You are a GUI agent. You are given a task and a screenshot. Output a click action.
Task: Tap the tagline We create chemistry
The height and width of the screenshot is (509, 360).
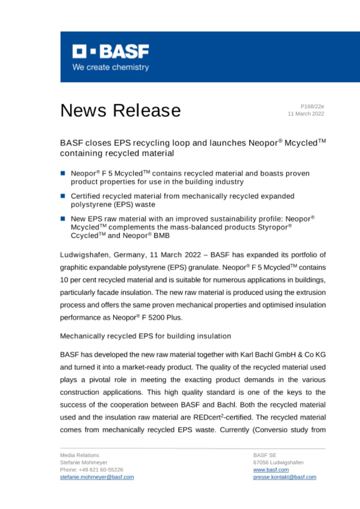point(110,67)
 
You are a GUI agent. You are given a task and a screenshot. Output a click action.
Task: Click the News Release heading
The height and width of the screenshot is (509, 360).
point(120,110)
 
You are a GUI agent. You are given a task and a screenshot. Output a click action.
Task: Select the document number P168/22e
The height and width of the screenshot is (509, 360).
point(313,107)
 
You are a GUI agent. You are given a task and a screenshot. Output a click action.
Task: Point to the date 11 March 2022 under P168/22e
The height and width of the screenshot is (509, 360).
point(306,114)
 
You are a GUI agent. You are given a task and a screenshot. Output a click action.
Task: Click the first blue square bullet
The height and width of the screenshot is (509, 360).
point(63,173)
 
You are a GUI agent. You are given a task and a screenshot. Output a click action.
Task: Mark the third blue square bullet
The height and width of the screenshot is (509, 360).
point(63,219)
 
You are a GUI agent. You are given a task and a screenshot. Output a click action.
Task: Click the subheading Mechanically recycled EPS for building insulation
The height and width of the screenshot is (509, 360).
point(145,336)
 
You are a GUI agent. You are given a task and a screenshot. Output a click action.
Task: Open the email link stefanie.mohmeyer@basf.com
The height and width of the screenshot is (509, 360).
point(97,477)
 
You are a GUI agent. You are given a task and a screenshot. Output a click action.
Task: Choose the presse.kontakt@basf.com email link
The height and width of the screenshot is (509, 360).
point(284,477)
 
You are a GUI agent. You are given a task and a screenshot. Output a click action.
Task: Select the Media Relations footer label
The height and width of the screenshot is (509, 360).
point(80,455)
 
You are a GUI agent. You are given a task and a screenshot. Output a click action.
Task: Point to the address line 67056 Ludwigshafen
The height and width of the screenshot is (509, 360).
point(278,462)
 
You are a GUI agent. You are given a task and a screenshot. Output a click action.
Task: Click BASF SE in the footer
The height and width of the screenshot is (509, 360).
point(262,455)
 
